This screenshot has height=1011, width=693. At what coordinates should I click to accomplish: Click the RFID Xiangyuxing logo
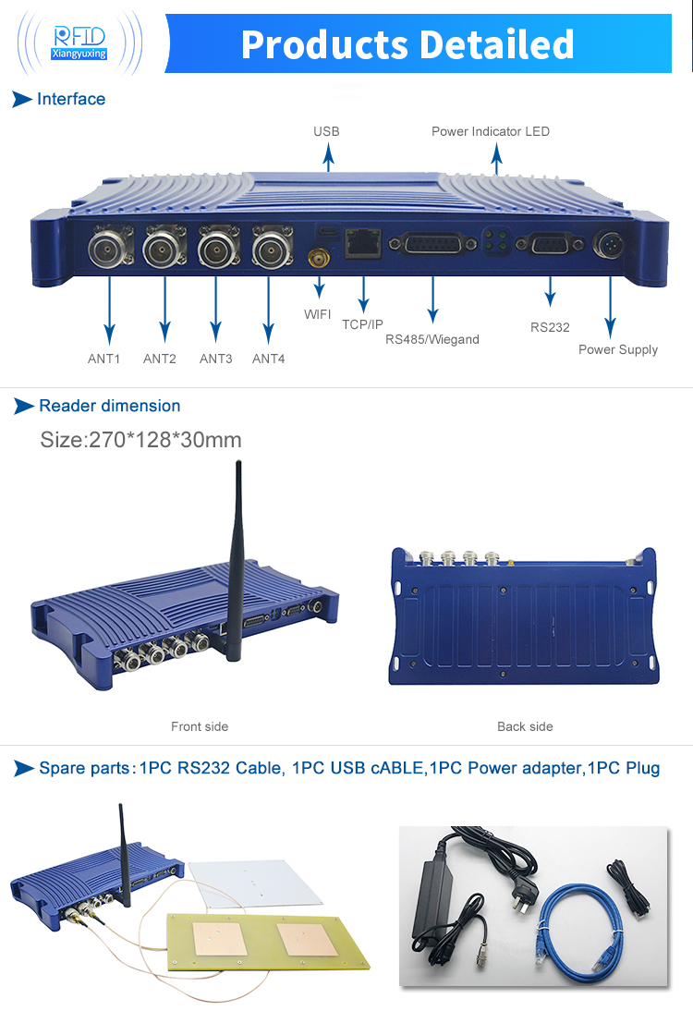click(x=79, y=43)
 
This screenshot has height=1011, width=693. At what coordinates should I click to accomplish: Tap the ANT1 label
click(x=104, y=359)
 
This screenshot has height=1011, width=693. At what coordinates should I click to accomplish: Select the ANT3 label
click(x=215, y=359)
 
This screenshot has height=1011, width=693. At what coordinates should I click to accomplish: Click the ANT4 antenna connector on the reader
click(x=271, y=249)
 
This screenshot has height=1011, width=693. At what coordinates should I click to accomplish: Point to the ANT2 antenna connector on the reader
click(x=164, y=249)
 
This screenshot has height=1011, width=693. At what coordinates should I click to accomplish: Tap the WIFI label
click(x=317, y=314)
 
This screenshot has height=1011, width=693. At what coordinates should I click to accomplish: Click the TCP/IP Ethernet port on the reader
click(x=360, y=244)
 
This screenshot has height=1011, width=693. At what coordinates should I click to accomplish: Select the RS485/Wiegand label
click(x=432, y=339)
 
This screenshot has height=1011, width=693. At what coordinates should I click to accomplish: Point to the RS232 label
click(x=550, y=327)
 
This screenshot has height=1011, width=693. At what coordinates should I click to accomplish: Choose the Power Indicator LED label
click(x=491, y=131)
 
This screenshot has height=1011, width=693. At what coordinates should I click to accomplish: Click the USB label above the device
click(x=326, y=131)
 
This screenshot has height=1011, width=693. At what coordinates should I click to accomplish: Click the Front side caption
click(x=200, y=726)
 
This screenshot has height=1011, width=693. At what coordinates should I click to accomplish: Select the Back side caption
click(x=525, y=726)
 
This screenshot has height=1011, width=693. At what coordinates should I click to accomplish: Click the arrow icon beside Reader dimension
click(x=23, y=406)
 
